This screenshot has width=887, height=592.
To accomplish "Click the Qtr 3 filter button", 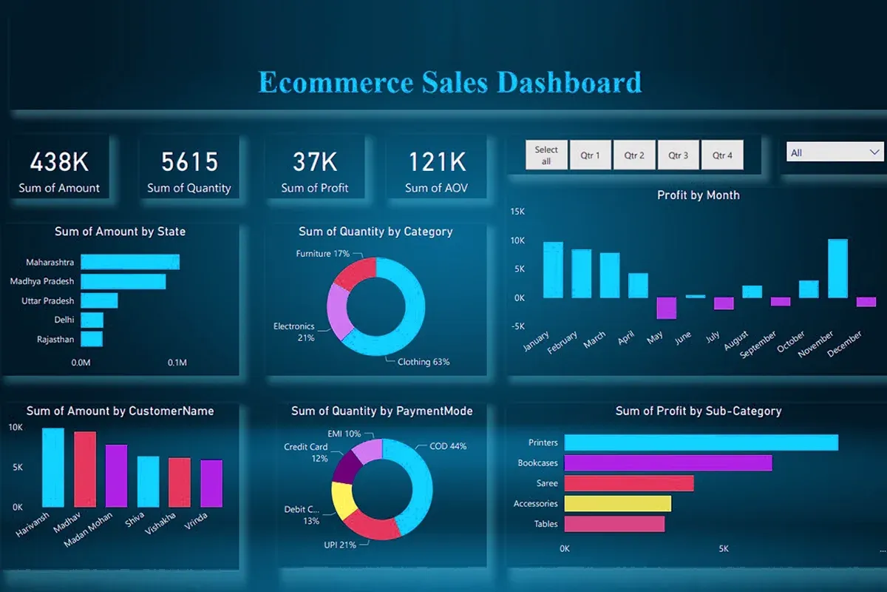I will tap(679, 155).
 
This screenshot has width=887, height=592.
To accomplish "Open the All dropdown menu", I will tap(834, 153).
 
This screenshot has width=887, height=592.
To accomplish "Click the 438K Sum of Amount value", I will tap(59, 162).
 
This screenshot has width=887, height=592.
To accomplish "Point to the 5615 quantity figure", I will tap(189, 162).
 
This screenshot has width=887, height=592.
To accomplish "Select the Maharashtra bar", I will tap(130, 262).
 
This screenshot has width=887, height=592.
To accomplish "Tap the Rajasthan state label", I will tap(55, 340).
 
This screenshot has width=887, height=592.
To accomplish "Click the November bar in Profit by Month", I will tap(837, 268).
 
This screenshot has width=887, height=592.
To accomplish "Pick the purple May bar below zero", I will tap(667, 308).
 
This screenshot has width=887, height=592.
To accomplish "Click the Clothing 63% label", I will tap(423, 362).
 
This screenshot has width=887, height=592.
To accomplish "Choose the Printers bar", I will tap(701, 443).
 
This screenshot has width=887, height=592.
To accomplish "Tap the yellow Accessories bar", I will tap(617, 503).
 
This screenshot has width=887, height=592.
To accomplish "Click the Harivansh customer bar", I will tap(52, 466).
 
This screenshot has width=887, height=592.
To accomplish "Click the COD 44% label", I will tap(448, 446).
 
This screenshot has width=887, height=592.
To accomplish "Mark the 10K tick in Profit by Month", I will tap(517, 240).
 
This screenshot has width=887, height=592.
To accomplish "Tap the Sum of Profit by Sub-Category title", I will tap(698, 411).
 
